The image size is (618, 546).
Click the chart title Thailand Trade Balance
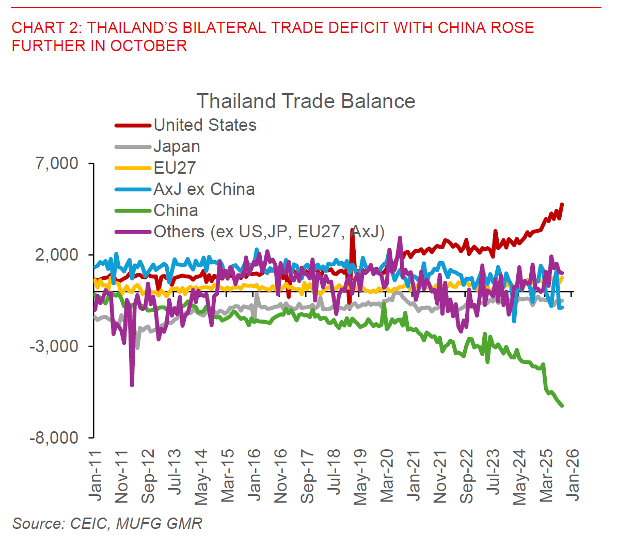[x=306, y=101]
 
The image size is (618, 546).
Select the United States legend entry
[x=204, y=125]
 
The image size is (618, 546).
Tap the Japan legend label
[x=177, y=146]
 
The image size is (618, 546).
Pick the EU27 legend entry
[x=175, y=168]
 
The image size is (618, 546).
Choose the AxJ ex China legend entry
[x=204, y=189]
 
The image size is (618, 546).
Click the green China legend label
[x=176, y=210]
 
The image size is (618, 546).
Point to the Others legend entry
[x=268, y=232]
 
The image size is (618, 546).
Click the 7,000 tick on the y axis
[x=57, y=163]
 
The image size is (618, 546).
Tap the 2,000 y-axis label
[x=57, y=255]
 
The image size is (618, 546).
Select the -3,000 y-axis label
[x=54, y=346]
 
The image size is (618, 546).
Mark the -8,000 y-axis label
[x=54, y=437]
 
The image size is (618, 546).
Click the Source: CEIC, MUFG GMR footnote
[x=107, y=523]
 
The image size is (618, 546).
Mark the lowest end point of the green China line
[x=562, y=406]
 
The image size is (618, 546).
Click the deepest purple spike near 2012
[x=132, y=385]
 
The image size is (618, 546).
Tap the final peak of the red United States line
[x=562, y=205]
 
